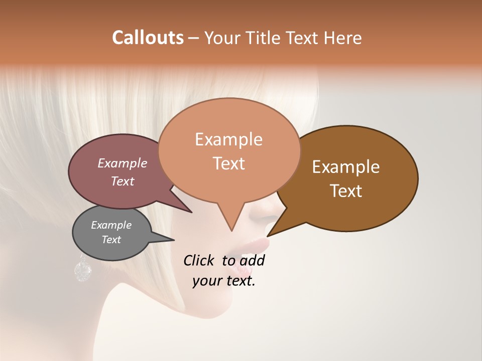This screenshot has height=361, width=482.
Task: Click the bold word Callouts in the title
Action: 148,38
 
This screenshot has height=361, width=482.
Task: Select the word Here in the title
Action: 343,38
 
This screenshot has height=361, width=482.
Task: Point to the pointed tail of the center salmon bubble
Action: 231,229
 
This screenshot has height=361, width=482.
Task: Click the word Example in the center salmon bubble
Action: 228,139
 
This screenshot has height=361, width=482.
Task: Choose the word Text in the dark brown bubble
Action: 346,191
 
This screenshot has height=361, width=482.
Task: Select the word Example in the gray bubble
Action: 111,225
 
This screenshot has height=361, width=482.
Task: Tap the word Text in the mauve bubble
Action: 123,182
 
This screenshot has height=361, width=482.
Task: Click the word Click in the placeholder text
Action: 199,260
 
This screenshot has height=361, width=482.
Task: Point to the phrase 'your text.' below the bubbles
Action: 224,281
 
